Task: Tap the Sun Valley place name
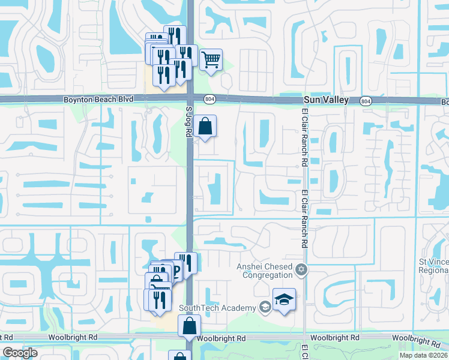tap(326, 100)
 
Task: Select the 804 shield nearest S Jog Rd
tap(208, 98)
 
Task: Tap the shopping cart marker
tap(211, 60)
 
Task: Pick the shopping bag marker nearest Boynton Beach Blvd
tap(205, 126)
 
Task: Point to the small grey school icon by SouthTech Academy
tap(264, 307)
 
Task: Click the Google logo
tap(20, 353)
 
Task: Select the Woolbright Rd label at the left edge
tap(28, 338)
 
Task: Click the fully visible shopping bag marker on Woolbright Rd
tap(189, 326)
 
